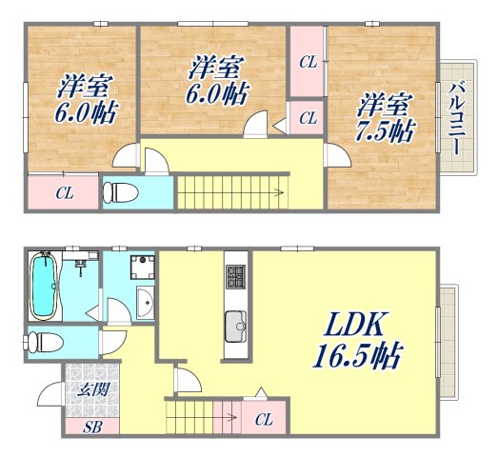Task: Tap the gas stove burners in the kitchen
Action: pos(235,277)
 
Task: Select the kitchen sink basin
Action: pos(235,328)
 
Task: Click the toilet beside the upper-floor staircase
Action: pos(119,191)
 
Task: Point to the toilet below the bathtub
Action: pos(47,340)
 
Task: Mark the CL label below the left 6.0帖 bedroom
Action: pos(63,193)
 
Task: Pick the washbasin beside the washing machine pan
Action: pos(144,305)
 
